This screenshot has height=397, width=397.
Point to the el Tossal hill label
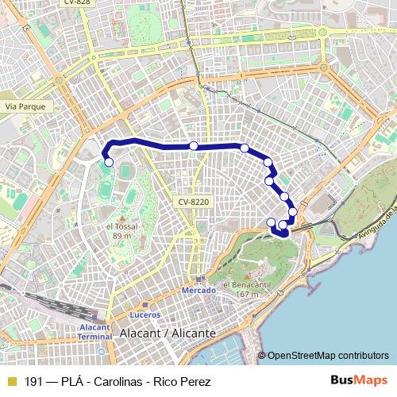121,226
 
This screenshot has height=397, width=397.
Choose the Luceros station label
136,314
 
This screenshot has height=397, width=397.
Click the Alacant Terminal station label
95,331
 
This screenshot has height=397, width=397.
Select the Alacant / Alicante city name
167,334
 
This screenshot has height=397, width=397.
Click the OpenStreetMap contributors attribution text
328,356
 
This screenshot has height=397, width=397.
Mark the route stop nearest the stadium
109,163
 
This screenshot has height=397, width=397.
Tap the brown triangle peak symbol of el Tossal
122,215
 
